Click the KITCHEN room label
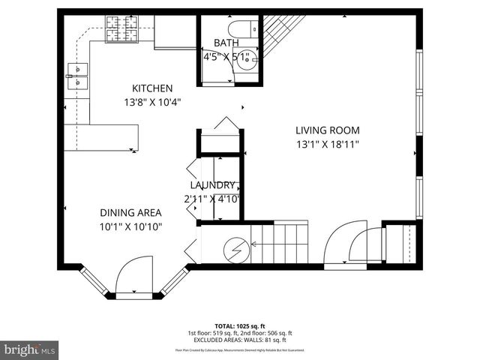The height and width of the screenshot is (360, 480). click(153, 88)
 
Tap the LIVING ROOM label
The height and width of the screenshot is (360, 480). click(327, 129)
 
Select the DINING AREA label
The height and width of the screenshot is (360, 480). click(131, 212)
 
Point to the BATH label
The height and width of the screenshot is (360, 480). click(226, 43)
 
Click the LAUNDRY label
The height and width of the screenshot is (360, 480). click(214, 185)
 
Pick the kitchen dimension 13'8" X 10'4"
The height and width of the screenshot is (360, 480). click(153, 102)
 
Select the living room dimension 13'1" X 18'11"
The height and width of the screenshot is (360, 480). click(327, 143)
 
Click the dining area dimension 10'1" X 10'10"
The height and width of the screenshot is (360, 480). click(131, 226)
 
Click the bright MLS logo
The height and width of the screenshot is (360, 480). click(30, 349)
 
